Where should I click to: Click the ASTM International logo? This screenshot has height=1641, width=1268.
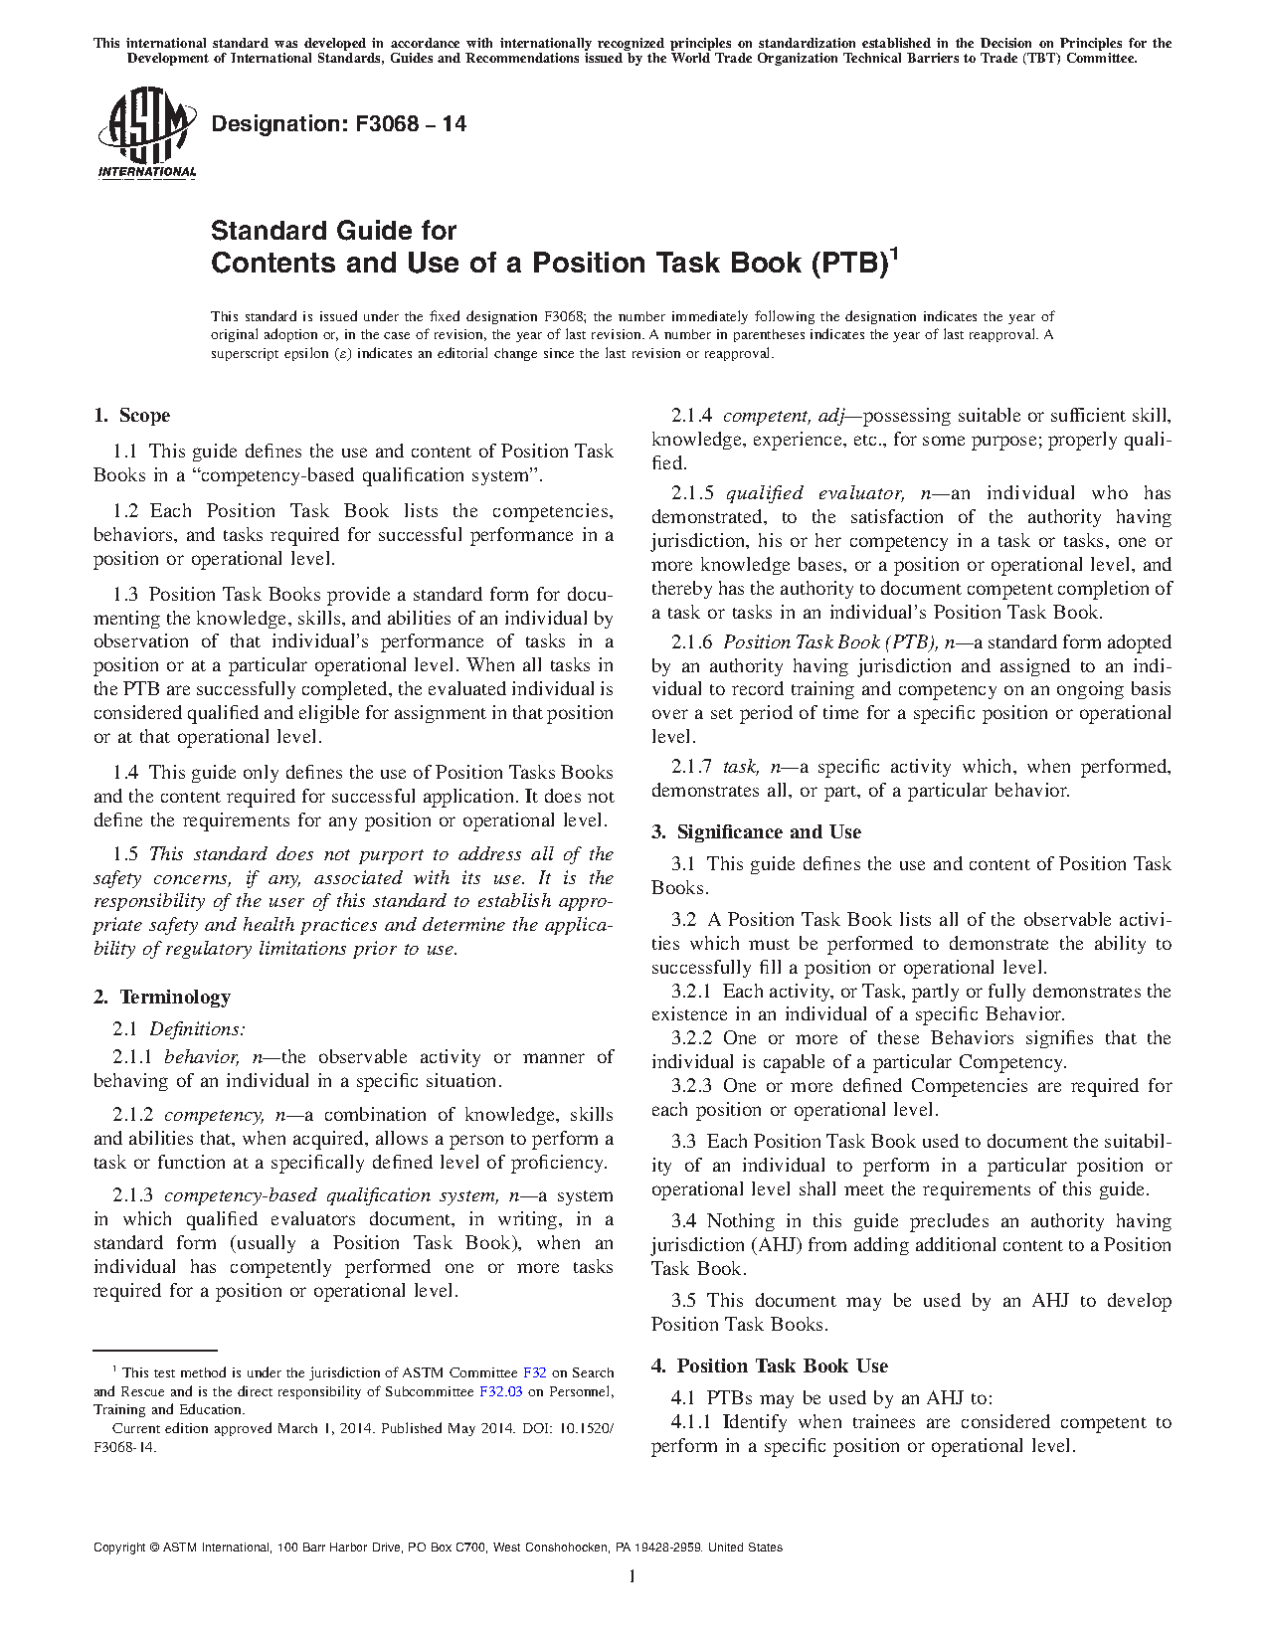point(146,133)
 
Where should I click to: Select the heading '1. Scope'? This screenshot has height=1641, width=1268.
point(131,416)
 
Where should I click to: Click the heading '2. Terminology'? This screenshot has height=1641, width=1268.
point(162,997)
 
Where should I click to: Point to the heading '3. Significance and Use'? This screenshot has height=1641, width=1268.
point(756,832)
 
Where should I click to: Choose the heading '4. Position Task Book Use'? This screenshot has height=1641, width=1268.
point(770,1366)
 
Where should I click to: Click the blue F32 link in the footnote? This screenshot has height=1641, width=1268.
point(534,1372)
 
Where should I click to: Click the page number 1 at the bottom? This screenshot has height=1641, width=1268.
point(633,1576)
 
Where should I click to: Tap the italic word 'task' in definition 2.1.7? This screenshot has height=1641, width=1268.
point(740,767)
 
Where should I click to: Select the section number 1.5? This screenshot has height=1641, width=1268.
point(125,854)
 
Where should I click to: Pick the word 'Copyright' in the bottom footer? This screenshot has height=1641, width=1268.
point(118,1548)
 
